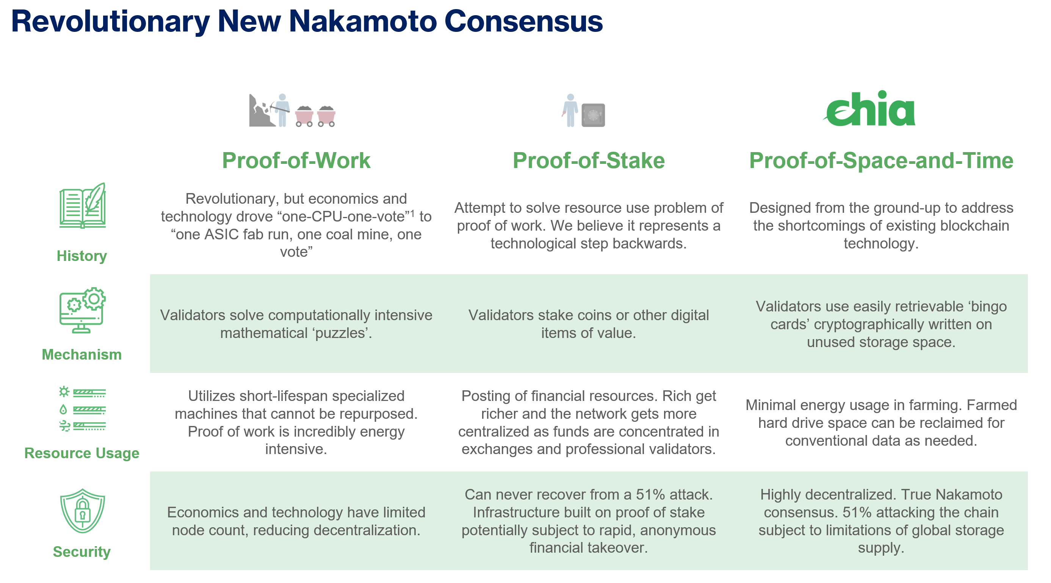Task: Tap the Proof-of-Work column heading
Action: pos(296,160)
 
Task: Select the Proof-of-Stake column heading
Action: pos(589,160)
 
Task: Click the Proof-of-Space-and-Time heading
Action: pos(881,160)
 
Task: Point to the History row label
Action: pos(81,256)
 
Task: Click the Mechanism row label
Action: pos(81,354)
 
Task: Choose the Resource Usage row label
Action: pos(81,453)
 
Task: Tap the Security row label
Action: pos(81,552)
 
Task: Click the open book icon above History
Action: pos(82,205)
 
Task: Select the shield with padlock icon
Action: pos(82,511)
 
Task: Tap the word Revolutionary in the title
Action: pos(110,22)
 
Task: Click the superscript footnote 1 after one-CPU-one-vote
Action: pos(412,213)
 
